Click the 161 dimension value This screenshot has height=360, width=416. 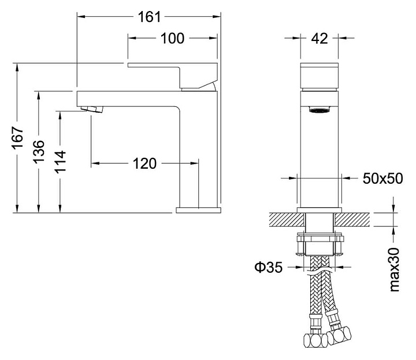[150, 17]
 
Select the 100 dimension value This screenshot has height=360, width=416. [172, 39]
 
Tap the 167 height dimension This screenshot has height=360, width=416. [18, 138]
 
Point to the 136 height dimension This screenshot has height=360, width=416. [39, 152]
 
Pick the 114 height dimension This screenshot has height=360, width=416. [61, 162]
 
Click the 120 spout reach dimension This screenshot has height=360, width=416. [144, 164]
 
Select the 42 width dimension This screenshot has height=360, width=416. [320, 39]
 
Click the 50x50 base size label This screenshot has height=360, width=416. [383, 179]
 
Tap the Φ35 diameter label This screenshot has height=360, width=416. [269, 268]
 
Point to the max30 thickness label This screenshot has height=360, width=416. [395, 269]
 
